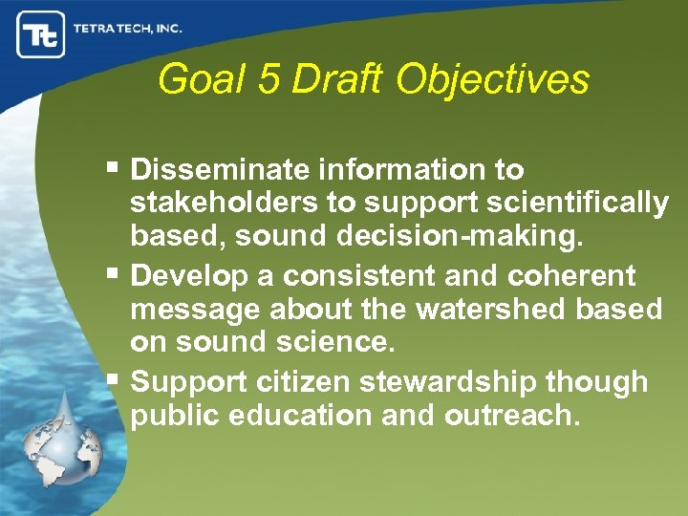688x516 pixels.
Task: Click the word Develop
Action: (x=183, y=276)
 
